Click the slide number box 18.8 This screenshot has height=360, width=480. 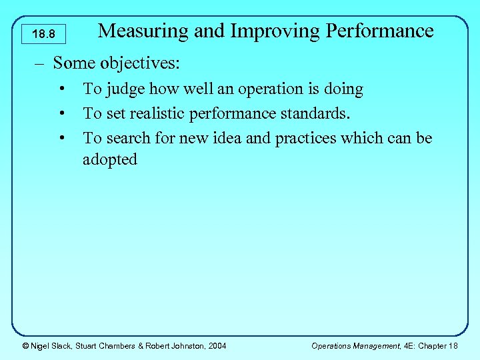pyautogui.click(x=43, y=33)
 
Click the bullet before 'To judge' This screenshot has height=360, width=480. pyautogui.click(x=61, y=89)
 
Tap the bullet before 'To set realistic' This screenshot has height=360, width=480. pyautogui.click(x=61, y=114)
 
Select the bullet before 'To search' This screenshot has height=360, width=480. pyautogui.click(x=61, y=139)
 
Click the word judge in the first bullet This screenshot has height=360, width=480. pyautogui.click(x=125, y=89)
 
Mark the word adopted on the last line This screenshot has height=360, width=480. pyautogui.click(x=110, y=160)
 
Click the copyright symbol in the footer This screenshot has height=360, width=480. pyautogui.click(x=25, y=345)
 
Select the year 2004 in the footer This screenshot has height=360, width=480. pyautogui.click(x=217, y=345)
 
